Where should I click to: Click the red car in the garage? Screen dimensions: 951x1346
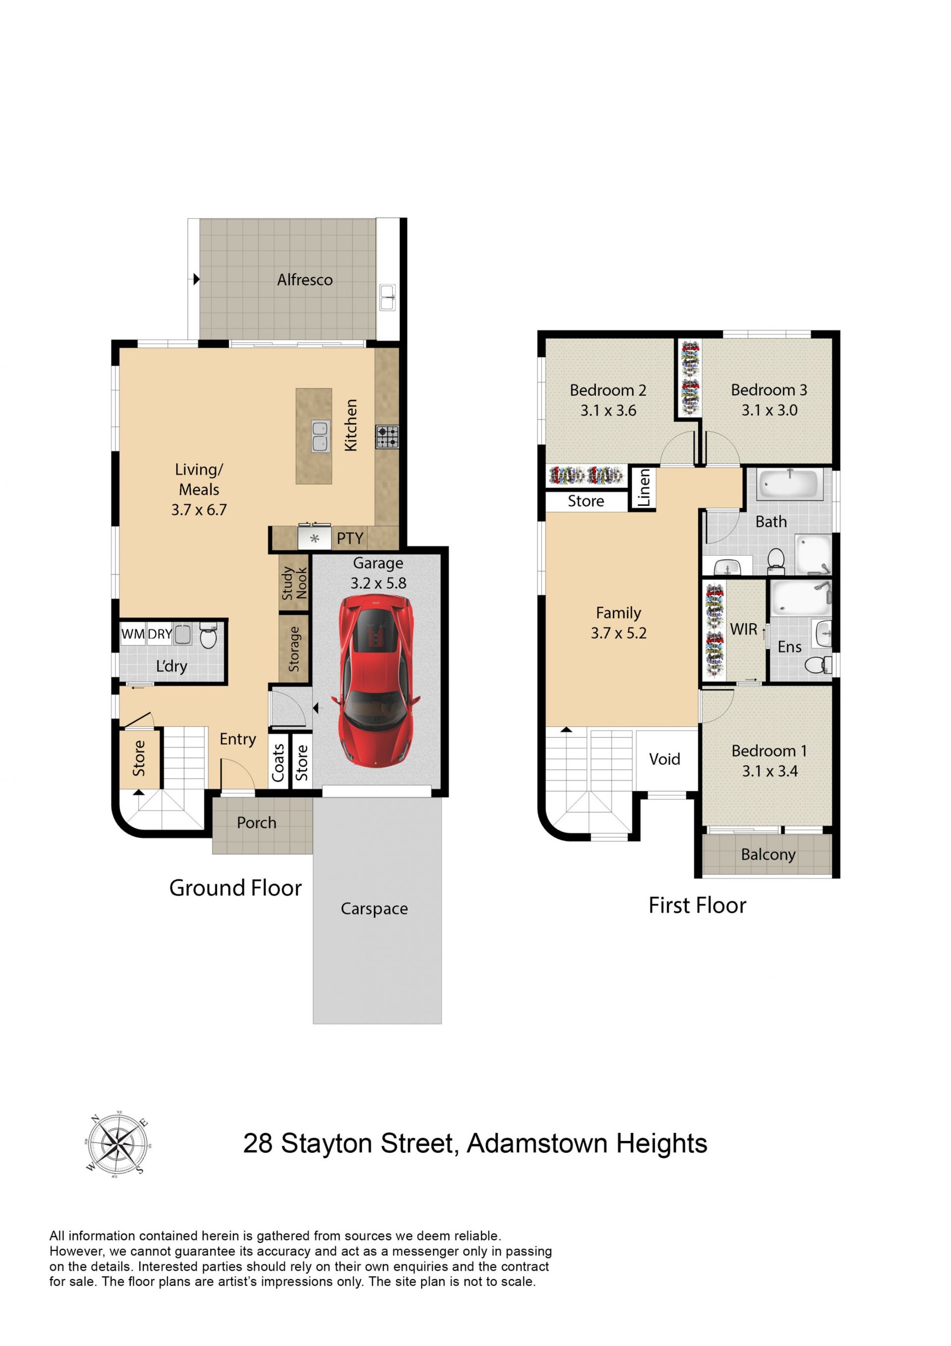376,681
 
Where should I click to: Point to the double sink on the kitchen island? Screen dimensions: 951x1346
320,436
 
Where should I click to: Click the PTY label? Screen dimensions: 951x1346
350,538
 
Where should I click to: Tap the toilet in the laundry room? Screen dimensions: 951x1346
208,636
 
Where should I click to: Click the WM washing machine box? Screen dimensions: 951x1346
133,634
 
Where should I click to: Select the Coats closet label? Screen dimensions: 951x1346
278,763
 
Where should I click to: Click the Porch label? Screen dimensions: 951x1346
257,822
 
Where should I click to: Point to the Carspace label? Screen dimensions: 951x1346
374,909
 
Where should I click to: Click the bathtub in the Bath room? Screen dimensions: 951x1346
789,484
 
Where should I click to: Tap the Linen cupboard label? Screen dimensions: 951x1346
644,488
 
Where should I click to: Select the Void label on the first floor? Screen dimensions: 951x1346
664,759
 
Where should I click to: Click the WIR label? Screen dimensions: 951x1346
743,629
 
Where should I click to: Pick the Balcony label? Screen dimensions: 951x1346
768,854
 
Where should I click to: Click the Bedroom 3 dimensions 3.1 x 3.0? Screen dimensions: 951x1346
769,410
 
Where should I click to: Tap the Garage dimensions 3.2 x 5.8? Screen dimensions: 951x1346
378,583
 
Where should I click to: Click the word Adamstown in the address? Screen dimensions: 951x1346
537,1143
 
